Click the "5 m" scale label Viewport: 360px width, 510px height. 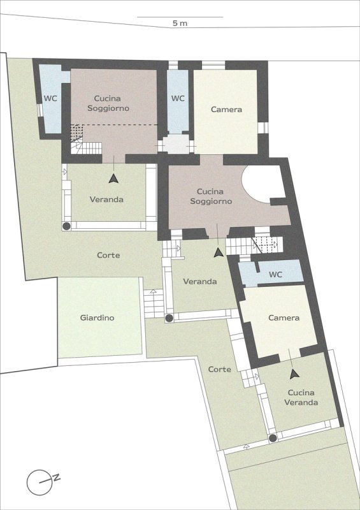(180, 23)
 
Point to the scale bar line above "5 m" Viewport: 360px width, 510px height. (180, 17)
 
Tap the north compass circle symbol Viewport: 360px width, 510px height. (40, 482)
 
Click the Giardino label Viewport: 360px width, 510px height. (97, 317)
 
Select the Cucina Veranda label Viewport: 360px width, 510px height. (301, 397)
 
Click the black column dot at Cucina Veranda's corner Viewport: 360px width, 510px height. (273, 438)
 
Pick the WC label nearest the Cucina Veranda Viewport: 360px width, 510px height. (275, 275)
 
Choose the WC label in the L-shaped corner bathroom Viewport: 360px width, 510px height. (50, 99)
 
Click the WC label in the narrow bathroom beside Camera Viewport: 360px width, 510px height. (178, 98)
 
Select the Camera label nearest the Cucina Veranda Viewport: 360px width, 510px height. (284, 317)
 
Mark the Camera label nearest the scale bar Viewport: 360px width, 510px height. (226, 110)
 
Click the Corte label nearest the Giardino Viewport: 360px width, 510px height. (108, 256)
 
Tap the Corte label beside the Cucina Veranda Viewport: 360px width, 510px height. (220, 370)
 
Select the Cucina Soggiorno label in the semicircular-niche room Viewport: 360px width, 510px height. (211, 196)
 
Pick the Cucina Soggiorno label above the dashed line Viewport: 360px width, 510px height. (108, 103)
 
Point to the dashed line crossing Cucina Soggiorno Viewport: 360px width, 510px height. (115, 124)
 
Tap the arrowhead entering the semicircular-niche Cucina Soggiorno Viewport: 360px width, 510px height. (219, 252)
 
